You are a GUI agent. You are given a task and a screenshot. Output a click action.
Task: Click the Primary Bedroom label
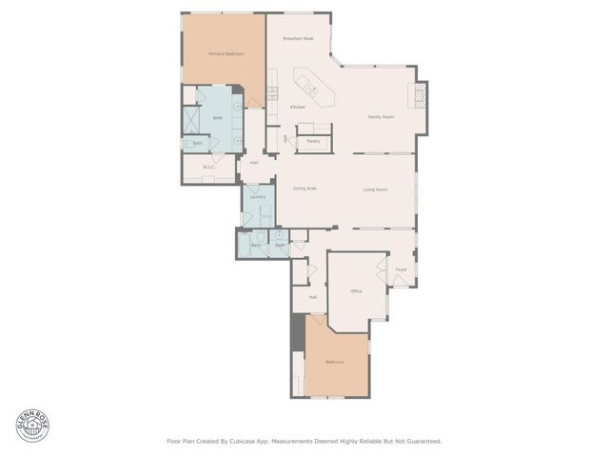point(226,54)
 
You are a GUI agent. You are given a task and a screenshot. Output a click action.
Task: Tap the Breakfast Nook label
point(298,39)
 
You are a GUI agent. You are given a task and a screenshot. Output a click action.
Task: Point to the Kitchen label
point(298,107)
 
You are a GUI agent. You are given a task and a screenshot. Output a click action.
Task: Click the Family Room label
point(382,117)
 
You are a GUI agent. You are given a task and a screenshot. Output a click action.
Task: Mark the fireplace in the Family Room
point(416,95)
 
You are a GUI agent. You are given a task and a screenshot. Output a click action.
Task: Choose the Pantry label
point(313,141)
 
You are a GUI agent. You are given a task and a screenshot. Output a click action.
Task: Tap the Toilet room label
point(197,143)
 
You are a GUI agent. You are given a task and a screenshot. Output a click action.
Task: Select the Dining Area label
point(304,189)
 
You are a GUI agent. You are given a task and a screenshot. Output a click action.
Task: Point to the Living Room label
point(375,189)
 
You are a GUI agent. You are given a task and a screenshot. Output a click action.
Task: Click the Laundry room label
point(257,197)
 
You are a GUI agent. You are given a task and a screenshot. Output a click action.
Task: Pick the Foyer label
point(402,269)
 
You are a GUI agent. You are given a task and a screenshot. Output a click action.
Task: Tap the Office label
point(356,290)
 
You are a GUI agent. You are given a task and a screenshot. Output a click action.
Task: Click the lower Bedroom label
point(334,362)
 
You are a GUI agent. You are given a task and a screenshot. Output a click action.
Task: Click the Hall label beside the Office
point(312,297)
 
